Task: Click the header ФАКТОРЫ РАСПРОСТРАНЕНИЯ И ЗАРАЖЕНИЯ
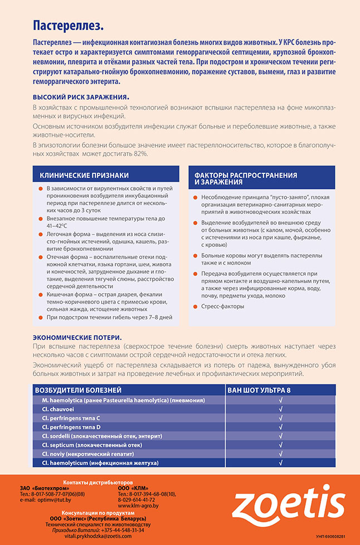(245, 178)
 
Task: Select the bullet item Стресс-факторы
(222, 306)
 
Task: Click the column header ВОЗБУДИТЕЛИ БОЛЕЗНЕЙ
(78, 390)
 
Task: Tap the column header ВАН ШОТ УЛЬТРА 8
(259, 390)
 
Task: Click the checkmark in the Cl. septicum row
(280, 445)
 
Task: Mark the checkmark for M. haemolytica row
(280, 401)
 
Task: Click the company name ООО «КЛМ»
(133, 488)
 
